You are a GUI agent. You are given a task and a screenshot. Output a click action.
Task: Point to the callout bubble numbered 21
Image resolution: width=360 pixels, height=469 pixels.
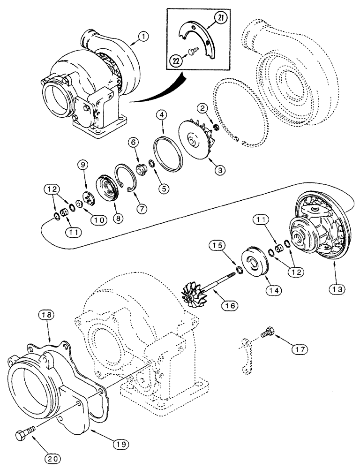tap(219, 18)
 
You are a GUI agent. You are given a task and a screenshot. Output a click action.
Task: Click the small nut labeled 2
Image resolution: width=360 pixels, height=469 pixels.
tap(217, 127)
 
